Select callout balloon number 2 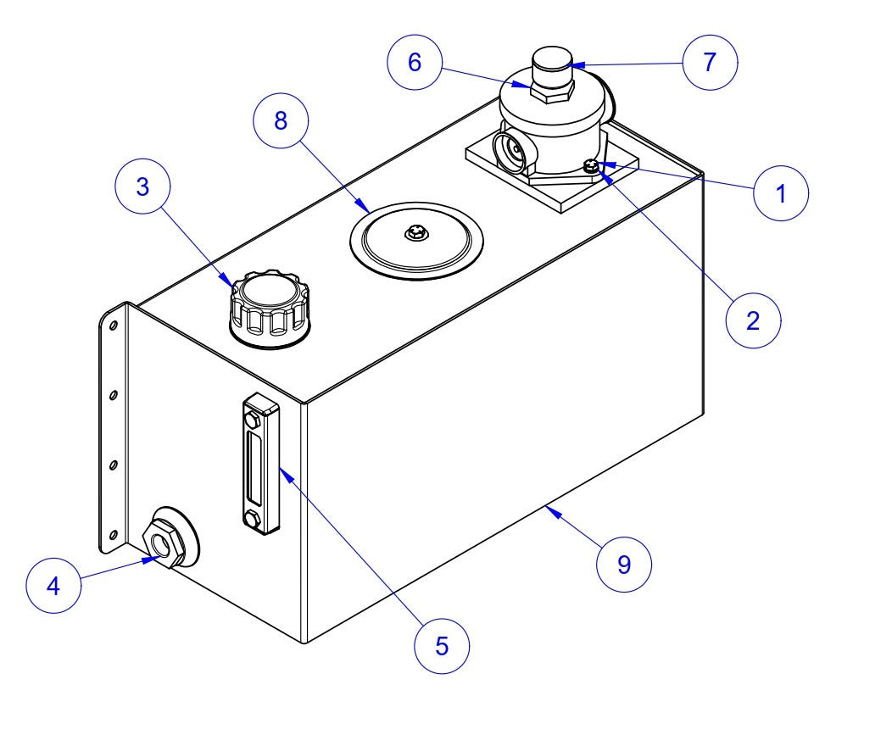pos(753,320)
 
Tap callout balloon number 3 pos(143,187)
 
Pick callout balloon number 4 pos(53,586)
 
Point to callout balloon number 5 pos(442,646)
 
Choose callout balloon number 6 pos(415,64)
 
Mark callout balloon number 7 pos(710,62)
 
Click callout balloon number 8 pos(282,121)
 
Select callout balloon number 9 pos(624,564)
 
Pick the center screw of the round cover pos(415,231)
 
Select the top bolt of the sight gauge pos(253,419)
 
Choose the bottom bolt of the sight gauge pos(253,518)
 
